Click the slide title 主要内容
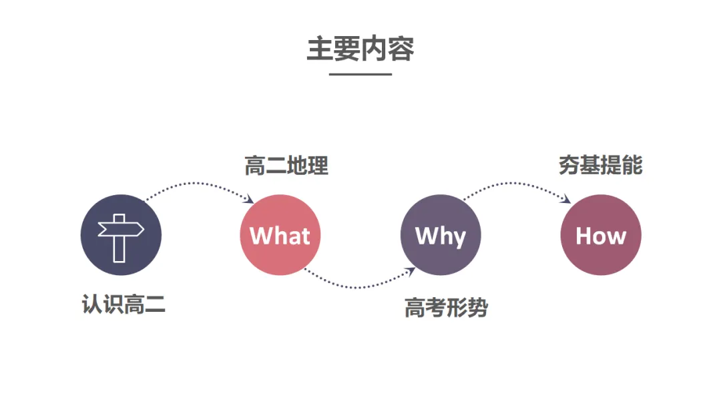point(360,49)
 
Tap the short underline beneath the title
point(360,74)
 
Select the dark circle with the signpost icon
point(121,235)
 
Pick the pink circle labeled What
point(280,235)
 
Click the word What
point(280,236)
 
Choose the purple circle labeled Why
point(441,235)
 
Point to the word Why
point(441,237)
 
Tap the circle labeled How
point(601,235)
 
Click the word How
point(601,236)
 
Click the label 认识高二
point(124,304)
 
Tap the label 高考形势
point(446,308)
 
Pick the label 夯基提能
point(601,165)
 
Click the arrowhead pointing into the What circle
point(249,198)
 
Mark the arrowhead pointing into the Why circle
point(410,271)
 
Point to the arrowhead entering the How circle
point(565,198)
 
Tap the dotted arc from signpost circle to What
point(198,183)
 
